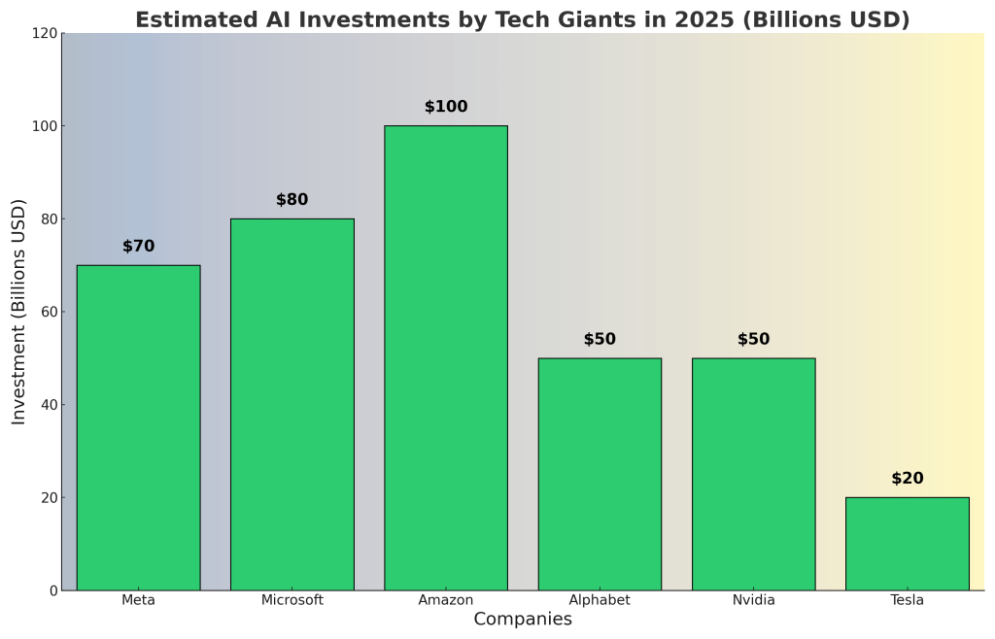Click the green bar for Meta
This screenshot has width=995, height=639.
point(138,427)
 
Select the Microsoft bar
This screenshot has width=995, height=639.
point(292,404)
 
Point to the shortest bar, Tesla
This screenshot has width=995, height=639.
point(907,544)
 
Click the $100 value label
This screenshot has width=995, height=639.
point(446,107)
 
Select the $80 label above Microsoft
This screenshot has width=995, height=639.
point(292,200)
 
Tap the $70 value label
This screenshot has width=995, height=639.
point(138,247)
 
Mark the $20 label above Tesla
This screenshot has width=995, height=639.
point(907,479)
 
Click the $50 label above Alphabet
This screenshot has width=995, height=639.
point(600,340)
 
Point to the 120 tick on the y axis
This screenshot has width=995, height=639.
point(43,33)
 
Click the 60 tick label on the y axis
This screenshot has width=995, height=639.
point(47,312)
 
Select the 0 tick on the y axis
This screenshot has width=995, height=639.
point(51,590)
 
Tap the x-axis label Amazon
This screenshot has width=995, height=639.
point(446,600)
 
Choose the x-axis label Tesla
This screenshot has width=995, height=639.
point(907,600)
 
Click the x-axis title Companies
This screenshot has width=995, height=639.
point(523,620)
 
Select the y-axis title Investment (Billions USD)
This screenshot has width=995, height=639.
point(19,312)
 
